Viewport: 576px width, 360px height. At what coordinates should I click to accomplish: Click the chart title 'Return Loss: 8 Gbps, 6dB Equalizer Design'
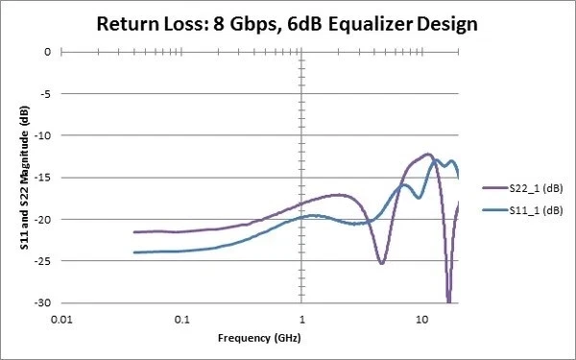(x=288, y=23)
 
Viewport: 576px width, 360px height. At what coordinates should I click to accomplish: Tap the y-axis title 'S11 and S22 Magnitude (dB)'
(x=22, y=177)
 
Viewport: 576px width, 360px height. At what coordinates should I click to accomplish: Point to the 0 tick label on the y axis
(x=45, y=52)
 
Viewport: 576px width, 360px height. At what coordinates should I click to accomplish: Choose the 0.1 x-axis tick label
(x=181, y=318)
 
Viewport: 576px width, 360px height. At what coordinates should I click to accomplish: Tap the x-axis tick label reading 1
(x=302, y=318)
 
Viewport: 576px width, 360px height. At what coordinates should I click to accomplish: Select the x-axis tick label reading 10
(x=422, y=318)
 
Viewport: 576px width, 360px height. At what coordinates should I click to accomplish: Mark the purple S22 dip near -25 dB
(x=381, y=262)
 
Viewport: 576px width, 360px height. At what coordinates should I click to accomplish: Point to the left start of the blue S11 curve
(x=134, y=252)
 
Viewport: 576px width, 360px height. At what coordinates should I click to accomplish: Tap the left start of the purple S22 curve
(x=134, y=232)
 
